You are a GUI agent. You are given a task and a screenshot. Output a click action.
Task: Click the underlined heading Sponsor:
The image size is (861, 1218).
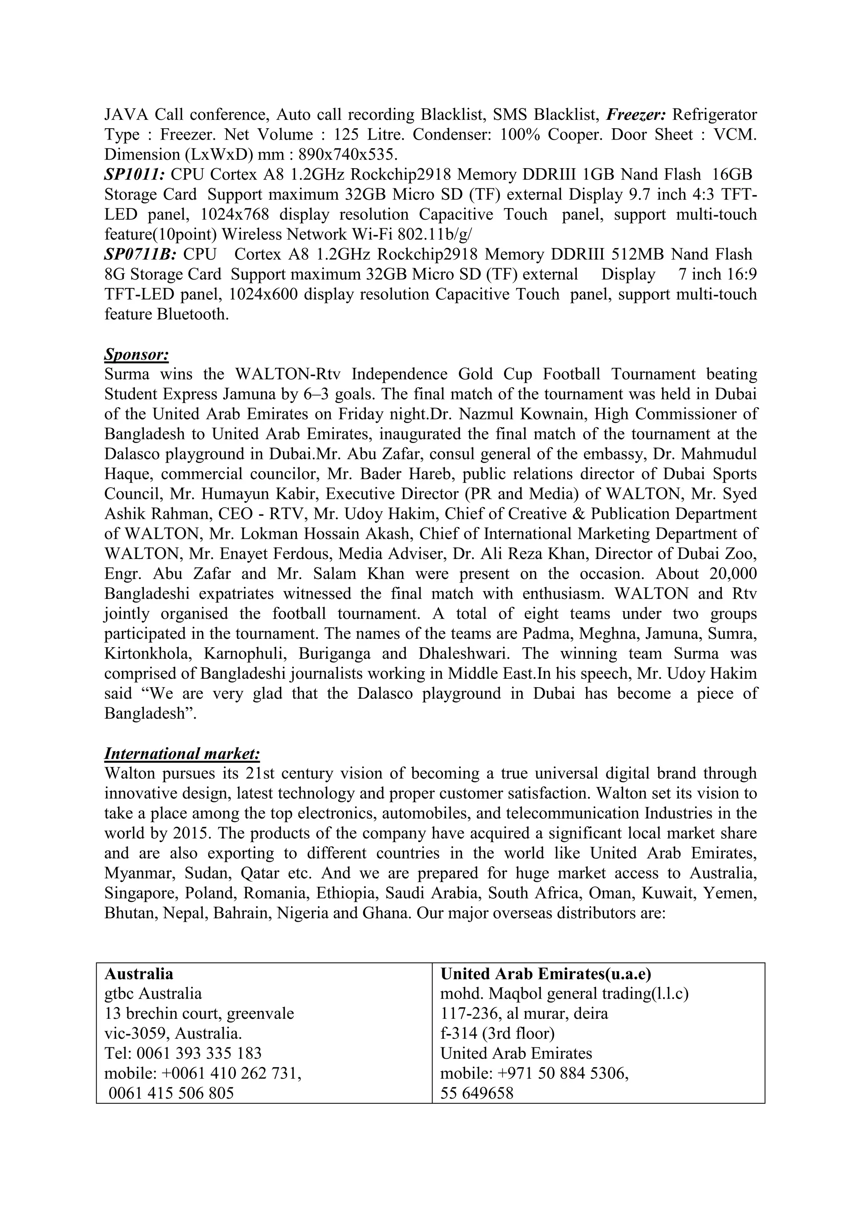click(136, 354)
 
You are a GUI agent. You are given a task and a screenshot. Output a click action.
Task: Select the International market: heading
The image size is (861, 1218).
click(182, 753)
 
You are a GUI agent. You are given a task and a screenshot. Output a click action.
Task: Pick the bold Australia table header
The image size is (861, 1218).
click(139, 974)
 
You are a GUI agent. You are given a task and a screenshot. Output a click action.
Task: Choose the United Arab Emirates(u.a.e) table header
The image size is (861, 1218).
click(546, 974)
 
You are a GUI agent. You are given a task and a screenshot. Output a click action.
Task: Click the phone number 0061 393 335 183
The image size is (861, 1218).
click(199, 1053)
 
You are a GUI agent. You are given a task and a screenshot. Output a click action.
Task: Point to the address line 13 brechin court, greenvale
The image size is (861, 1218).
click(199, 1013)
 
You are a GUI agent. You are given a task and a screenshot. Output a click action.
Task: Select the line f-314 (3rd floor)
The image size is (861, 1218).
click(498, 1033)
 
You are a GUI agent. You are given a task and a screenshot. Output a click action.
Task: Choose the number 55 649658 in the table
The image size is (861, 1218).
click(478, 1093)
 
